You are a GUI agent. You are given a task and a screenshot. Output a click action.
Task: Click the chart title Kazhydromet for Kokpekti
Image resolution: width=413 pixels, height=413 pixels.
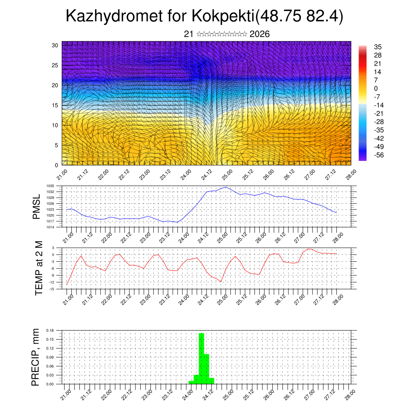204,16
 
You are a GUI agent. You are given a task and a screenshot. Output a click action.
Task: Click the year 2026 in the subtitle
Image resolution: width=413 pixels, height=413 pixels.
259,34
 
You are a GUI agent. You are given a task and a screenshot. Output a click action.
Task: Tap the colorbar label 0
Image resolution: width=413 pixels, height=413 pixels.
376,88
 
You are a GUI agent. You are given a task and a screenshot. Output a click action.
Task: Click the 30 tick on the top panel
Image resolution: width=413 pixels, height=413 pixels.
54,45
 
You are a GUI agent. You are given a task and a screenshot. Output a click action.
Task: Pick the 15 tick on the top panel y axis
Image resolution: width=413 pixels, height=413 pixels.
54,105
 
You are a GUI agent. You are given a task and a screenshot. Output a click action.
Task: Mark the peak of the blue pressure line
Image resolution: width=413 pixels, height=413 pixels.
225,187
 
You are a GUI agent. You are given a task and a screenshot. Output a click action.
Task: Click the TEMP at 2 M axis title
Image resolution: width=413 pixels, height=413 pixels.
39,268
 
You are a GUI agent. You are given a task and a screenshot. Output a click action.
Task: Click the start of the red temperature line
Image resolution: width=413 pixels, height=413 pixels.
67,285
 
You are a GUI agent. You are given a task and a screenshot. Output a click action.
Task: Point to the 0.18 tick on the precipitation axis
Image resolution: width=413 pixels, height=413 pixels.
50,330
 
